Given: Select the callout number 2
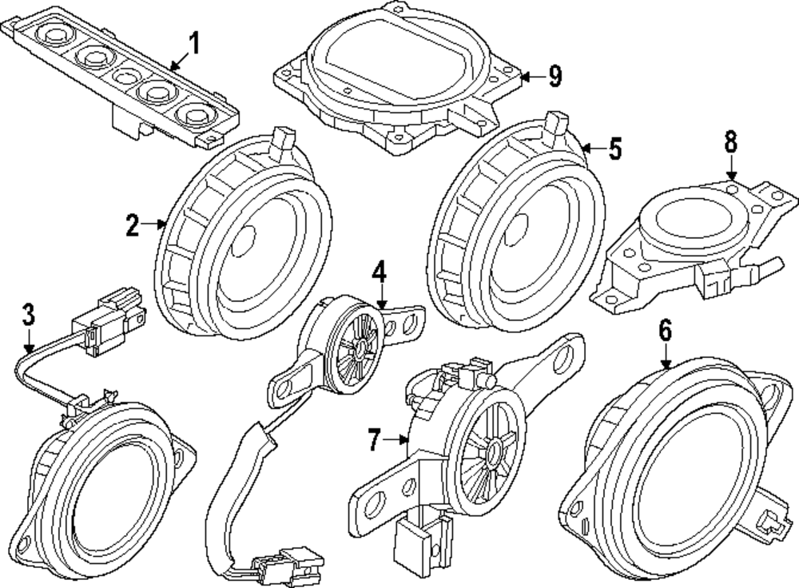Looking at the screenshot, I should [133, 226].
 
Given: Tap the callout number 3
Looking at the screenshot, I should [28, 315].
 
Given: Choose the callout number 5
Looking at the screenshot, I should [614, 149].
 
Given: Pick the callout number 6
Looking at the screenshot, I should [666, 330].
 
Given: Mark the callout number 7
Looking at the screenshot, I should [376, 438].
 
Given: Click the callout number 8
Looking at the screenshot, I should [730, 142].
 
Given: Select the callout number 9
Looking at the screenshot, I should [555, 76].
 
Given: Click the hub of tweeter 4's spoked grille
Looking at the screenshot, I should [361, 348].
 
